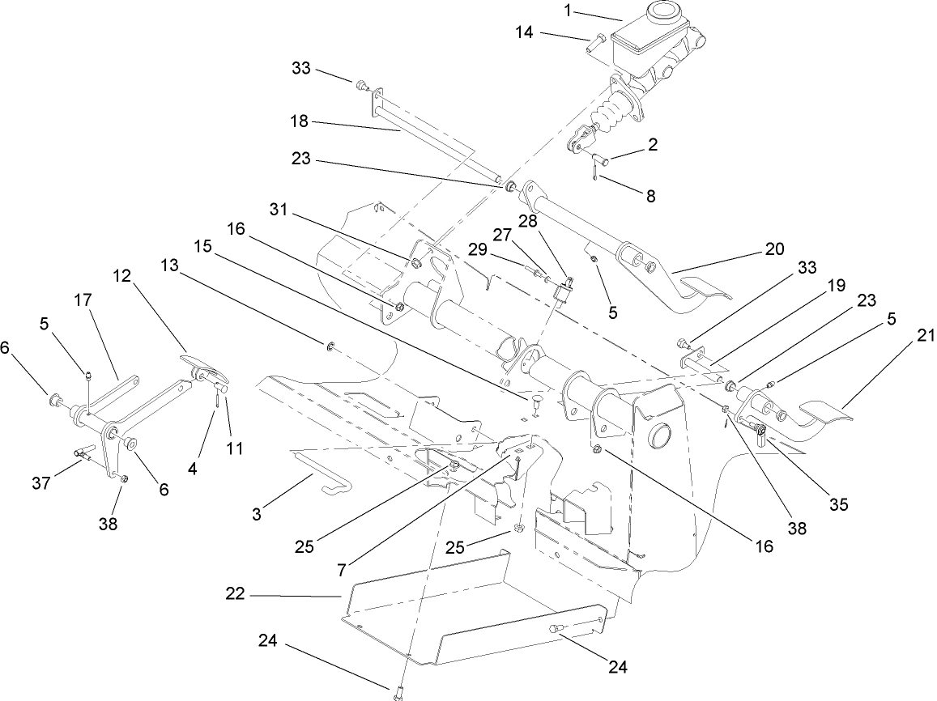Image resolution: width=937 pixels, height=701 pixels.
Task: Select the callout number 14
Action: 525,32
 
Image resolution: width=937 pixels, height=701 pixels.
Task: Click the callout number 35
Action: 838,504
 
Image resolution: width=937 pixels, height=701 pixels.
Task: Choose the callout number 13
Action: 168,266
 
